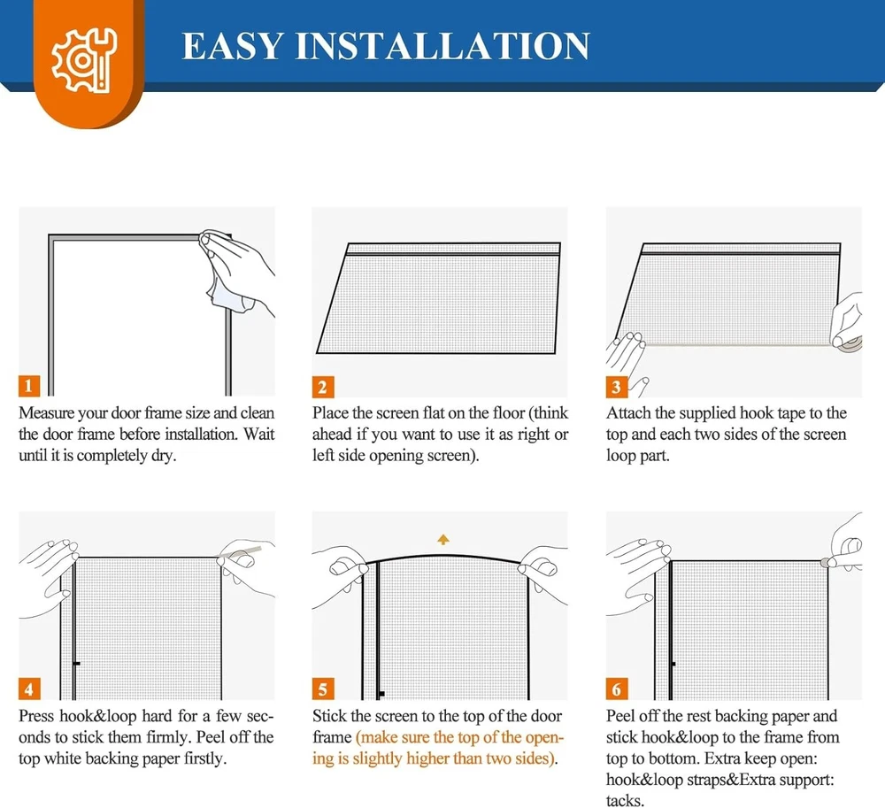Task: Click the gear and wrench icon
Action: coord(84,60)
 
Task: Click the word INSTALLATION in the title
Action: coord(443,46)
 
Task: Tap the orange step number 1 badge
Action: coord(29,386)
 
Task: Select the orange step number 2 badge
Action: coord(323,387)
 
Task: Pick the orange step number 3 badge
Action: coord(616,387)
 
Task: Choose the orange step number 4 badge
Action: coord(29,689)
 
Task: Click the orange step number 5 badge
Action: coord(323,689)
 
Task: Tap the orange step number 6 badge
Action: coord(616,689)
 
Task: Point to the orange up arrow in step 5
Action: coord(443,540)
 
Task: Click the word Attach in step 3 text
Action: coord(628,413)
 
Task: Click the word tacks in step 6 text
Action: coord(624,801)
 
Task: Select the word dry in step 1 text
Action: coord(163,456)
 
